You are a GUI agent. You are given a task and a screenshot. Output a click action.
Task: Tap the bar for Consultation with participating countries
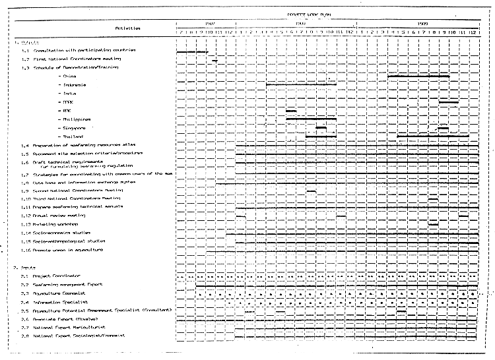tap(192, 51)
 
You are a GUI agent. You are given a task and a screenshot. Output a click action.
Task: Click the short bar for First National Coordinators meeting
tap(214, 60)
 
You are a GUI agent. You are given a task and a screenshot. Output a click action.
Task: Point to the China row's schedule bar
tap(418, 76)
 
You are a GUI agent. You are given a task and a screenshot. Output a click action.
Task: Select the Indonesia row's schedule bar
tap(301, 84)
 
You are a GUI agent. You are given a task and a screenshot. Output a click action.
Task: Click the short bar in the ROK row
tap(291, 110)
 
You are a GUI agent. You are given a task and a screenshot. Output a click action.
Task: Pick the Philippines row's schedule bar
tap(311, 119)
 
